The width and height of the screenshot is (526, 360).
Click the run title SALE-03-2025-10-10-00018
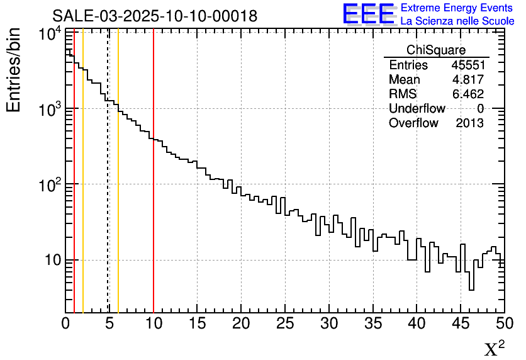[x=154, y=16]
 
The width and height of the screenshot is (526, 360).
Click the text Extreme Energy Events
[x=457, y=8]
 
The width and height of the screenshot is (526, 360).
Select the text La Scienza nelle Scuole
[x=457, y=21]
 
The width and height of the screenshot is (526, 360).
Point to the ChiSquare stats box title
[x=436, y=50]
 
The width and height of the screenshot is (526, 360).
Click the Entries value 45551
[x=467, y=65]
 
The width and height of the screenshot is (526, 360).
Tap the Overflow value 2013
[x=469, y=123]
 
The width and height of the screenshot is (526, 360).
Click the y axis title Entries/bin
[x=14, y=70]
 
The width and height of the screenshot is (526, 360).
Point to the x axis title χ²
[x=494, y=349]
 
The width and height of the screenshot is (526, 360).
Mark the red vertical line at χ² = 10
[x=154, y=189]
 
